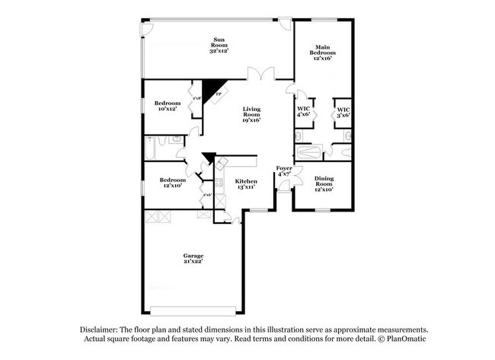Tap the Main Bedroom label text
pos(322,53)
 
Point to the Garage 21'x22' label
pos(192,259)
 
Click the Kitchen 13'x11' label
pos(246,183)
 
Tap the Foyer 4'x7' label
pos(284,171)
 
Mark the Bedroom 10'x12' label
pos(168,106)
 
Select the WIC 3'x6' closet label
pos(343,111)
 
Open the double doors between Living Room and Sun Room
pos(260,75)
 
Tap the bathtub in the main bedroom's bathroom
pos(311,152)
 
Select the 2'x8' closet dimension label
pos(196,98)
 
